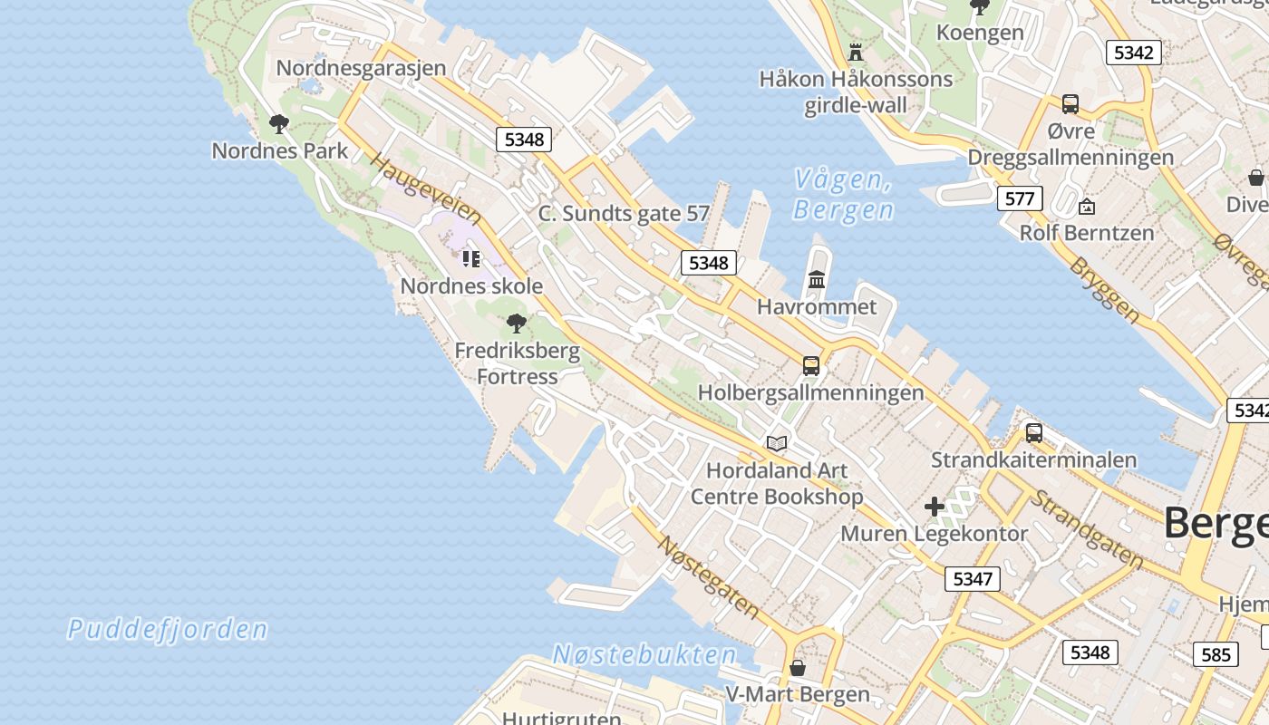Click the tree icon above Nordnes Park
pyautogui.click(x=279, y=124)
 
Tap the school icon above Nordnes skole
pyautogui.click(x=470, y=259)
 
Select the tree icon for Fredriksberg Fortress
pyautogui.click(x=517, y=324)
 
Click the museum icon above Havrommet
pyautogui.click(x=817, y=280)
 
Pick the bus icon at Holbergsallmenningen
pyautogui.click(x=811, y=366)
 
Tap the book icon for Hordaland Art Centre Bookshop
pyautogui.click(x=777, y=443)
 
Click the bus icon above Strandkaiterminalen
pyautogui.click(x=1034, y=433)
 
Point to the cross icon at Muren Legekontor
pyautogui.click(x=935, y=507)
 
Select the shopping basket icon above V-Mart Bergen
pyautogui.click(x=798, y=668)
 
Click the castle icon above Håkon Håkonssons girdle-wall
pyautogui.click(x=856, y=52)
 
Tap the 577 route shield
pyautogui.click(x=1020, y=198)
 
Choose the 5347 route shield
pyautogui.click(x=973, y=578)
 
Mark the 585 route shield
pyautogui.click(x=1216, y=653)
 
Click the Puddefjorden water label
pyautogui.click(x=168, y=629)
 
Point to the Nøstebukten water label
pyautogui.click(x=644, y=654)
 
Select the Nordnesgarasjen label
pyautogui.click(x=361, y=68)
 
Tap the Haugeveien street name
pyautogui.click(x=426, y=190)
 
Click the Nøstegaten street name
pyautogui.click(x=708, y=577)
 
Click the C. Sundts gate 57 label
pyautogui.click(x=624, y=214)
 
